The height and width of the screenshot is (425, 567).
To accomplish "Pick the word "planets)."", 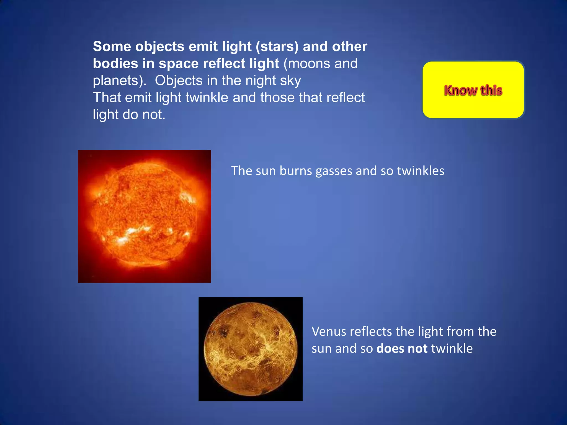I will point(119,81).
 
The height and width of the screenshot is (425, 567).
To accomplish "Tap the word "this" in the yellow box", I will point(491,90).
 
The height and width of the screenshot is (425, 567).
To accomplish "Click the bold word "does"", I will point(390,348).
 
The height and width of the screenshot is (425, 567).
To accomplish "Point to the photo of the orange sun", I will point(144,216).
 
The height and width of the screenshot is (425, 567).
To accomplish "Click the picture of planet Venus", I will point(251,349).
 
